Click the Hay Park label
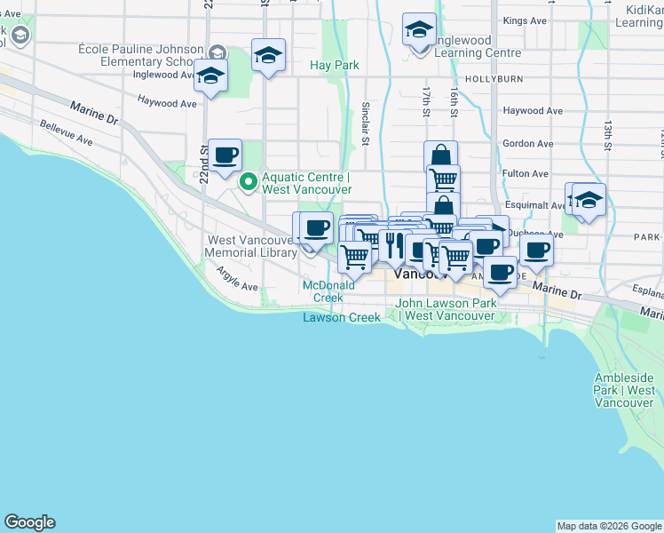point(334,65)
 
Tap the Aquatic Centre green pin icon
point(249,183)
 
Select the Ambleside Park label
point(625,390)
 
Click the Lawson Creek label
point(341,317)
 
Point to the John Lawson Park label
point(445,309)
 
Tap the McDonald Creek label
point(322,290)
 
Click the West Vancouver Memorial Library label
point(251,246)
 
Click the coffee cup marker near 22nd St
point(225,155)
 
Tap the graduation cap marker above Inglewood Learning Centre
point(419,30)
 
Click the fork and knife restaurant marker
point(394,246)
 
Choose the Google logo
point(29,522)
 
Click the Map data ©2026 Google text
point(608,526)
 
